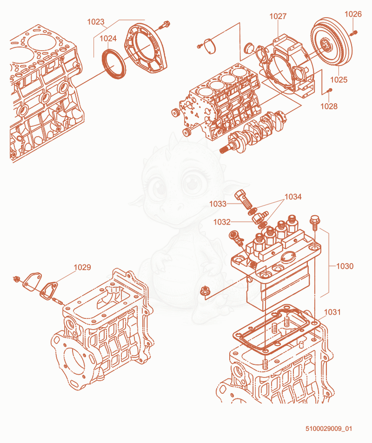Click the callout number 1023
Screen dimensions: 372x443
96,22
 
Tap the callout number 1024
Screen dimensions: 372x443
108,38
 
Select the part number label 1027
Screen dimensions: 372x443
278,16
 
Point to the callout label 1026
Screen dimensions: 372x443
353,14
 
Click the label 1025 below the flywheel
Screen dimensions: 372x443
339,79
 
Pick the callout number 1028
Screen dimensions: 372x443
329,106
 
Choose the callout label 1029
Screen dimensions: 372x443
82,267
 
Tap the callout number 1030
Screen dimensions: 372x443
345,266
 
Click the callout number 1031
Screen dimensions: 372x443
332,312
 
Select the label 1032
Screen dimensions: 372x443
222,222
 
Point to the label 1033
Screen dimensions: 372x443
218,204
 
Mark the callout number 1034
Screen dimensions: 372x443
293,197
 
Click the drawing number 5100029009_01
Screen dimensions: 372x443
329,429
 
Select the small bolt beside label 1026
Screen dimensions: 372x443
353,33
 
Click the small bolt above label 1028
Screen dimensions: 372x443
329,90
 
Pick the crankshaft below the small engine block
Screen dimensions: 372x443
253,132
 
